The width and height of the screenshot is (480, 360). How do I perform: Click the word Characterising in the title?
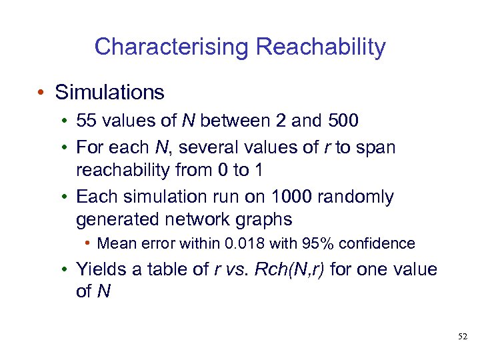172,47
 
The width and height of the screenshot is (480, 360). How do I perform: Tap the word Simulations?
110,92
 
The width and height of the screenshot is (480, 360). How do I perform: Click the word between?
231,121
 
